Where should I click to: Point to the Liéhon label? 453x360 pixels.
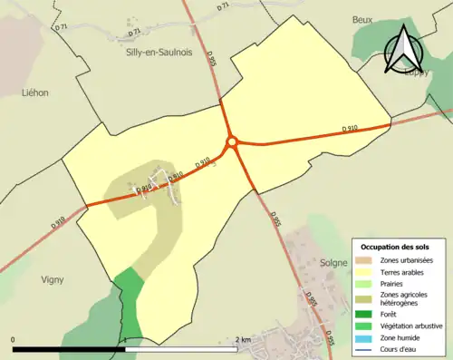(x=34, y=92)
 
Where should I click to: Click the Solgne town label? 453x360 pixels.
(x=334, y=262)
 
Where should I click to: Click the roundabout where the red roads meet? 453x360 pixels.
(x=232, y=141)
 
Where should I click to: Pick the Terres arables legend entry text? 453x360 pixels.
(x=405, y=270)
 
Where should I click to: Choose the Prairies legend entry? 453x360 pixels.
(x=395, y=282)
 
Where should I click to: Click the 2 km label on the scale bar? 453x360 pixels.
(x=242, y=340)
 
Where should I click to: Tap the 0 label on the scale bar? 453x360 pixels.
(x=13, y=340)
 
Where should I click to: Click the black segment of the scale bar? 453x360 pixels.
(x=69, y=349)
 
